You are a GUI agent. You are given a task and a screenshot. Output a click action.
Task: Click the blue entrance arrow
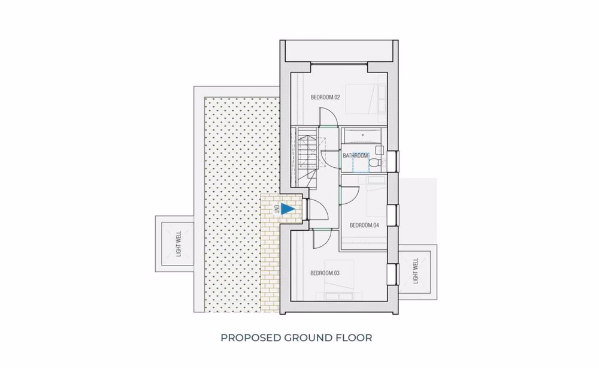point(288,209)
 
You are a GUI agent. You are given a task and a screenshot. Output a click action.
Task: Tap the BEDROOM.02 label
point(325,97)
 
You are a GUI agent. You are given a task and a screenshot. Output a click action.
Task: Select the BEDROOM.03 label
point(325,273)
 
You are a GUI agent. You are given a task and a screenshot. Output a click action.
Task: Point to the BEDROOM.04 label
point(364,225)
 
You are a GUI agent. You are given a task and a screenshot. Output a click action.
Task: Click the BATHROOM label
point(355,156)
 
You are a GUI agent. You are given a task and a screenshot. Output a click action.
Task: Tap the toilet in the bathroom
point(374,161)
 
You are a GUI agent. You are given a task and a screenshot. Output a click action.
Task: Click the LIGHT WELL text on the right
point(415,271)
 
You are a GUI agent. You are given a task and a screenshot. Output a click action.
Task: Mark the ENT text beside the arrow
point(277,209)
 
